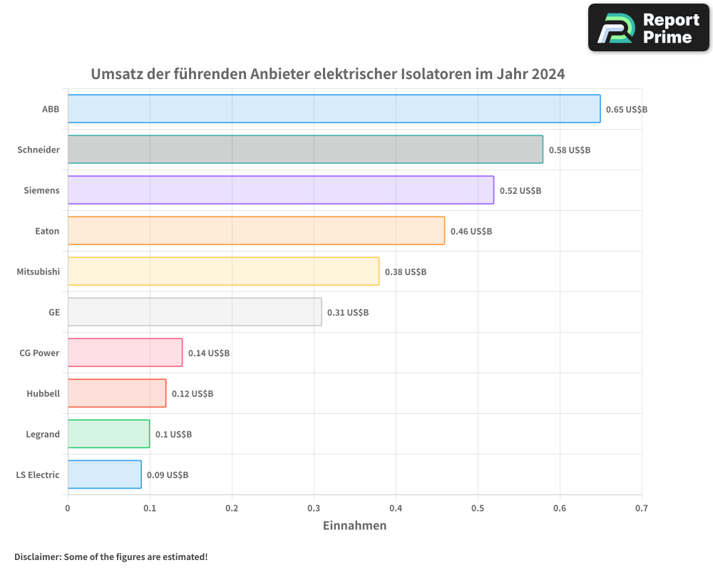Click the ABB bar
[334, 109]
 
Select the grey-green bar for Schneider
[305, 150]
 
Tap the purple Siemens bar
[280, 190]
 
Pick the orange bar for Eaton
[256, 231]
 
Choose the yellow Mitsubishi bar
[223, 271]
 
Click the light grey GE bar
[195, 312]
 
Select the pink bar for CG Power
[125, 353]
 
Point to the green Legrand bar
[108, 434]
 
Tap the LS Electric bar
[104, 475]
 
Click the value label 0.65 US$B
[626, 110]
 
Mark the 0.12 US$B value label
[192, 394]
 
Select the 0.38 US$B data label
[405, 272]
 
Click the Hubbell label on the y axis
[43, 393]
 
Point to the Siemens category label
[41, 190]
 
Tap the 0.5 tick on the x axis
[478, 509]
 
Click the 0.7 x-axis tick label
[642, 509]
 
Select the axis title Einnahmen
[354, 526]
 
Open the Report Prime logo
[649, 28]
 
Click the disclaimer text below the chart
[111, 556]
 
